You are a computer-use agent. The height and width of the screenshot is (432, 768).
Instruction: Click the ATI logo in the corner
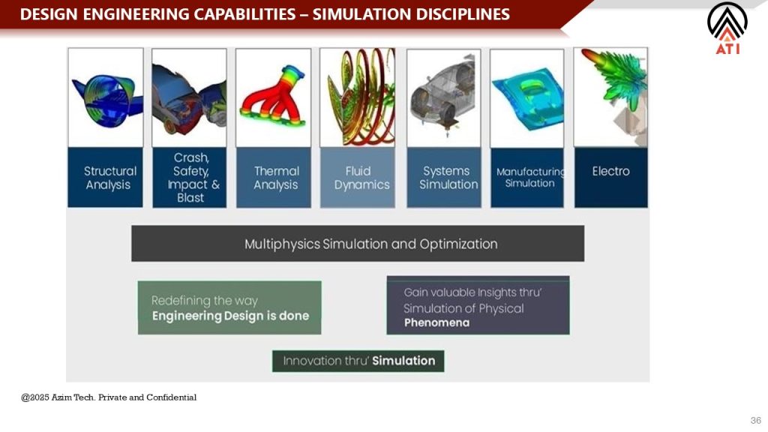727,28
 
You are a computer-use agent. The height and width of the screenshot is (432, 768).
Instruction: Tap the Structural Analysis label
109,178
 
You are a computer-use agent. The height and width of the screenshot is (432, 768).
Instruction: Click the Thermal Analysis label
276,178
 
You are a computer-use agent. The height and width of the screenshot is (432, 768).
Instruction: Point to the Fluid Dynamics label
361,178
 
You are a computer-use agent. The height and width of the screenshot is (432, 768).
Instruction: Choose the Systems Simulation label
448,178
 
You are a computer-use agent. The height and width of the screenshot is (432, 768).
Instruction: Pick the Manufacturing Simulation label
530,177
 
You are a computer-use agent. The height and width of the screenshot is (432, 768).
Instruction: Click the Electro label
610,171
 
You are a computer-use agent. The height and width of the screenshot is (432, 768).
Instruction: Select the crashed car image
189,97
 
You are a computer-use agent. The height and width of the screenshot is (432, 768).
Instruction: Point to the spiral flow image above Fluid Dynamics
358,97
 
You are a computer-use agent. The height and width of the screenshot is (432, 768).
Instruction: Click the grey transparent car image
444,98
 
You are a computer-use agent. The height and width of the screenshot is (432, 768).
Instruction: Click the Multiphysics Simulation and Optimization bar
358,244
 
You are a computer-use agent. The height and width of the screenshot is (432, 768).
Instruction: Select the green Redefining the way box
229,307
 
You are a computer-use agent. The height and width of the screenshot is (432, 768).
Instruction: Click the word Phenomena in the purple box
437,322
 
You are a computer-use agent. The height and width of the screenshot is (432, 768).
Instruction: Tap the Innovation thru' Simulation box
358,361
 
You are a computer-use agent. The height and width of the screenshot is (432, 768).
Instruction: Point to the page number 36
756,420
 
